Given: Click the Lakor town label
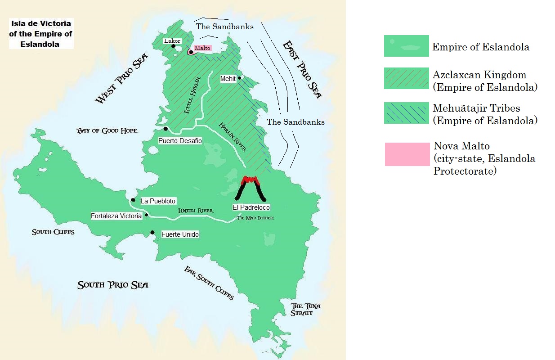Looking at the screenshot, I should [172, 41].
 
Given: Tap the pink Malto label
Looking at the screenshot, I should [202, 48].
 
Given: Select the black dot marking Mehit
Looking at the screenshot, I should [240, 78].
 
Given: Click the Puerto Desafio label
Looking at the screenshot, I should [180, 141].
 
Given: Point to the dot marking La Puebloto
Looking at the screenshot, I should [133, 200].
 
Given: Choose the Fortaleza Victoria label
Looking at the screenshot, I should [116, 216].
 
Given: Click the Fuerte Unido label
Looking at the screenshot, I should [180, 234].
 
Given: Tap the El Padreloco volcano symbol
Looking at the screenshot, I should [251, 188].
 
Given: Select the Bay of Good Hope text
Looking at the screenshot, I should [107, 130].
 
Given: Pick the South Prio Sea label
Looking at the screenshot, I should [112, 285].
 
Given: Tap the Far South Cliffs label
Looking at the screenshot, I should [209, 283].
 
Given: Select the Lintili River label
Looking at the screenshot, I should [195, 211].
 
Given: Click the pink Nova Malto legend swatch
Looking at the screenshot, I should [407, 154].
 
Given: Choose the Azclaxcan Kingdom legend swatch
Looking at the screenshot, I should [406, 78].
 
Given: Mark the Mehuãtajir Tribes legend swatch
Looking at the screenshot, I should [406, 112].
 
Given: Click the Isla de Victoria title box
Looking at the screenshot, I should [40, 34].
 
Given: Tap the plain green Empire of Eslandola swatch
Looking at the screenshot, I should [406, 46].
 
